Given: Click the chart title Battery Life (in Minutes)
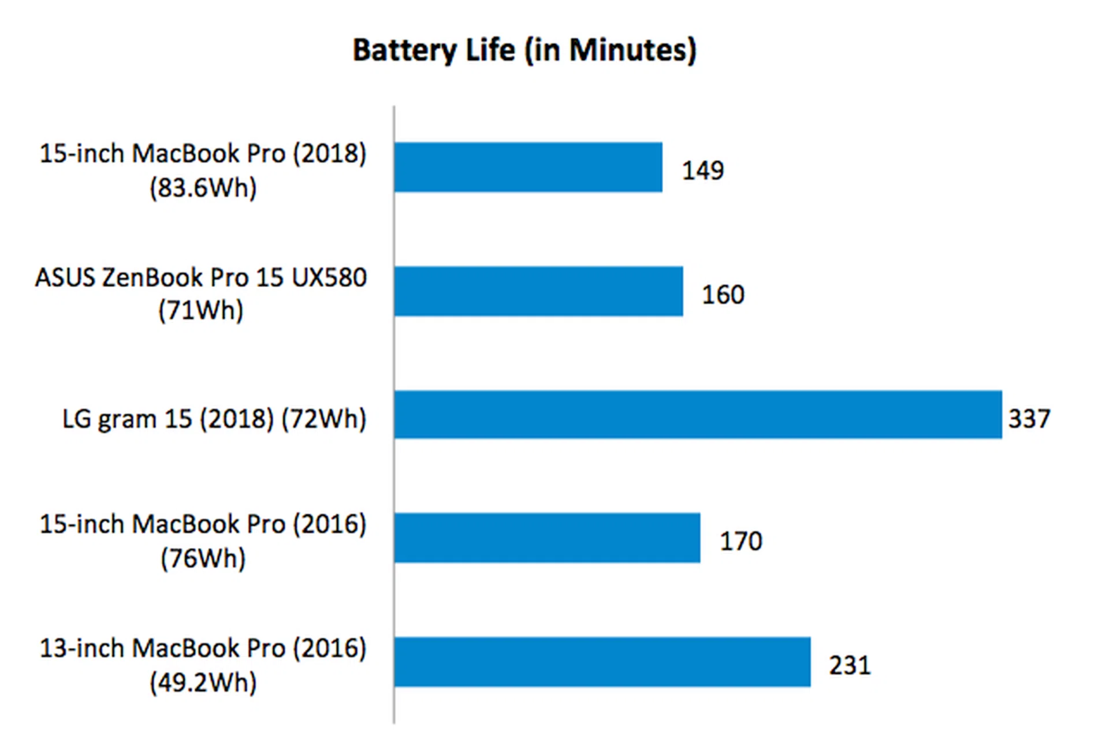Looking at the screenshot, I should pos(524,50).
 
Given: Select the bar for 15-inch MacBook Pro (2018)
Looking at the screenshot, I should pos(528,167).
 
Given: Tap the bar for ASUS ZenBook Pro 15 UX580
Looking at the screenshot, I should pos(538,291).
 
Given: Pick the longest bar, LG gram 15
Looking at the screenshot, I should pos(698,415).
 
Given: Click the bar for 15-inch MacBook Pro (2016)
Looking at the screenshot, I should pos(547,538).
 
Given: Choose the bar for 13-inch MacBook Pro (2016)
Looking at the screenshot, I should pos(602,662).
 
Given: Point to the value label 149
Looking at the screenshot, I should pos(702,170).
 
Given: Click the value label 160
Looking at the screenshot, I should pos(723,295).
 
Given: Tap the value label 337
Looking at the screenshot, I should pos(1029,419).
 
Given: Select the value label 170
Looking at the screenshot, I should pos(740,541).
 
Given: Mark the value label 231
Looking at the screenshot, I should pos(850,665).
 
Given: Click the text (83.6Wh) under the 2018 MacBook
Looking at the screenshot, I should pos(203,188).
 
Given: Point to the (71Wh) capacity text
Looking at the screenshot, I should pos(201,311).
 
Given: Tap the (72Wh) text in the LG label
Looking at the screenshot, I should pos(323,419).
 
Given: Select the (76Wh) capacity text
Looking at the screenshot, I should pos(203,559).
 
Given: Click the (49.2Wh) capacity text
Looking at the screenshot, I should pos(203,683).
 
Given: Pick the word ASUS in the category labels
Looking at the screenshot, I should pos(65,278).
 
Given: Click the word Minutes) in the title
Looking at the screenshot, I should pos(633,50).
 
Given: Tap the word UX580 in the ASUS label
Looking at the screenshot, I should pos(329,278).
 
